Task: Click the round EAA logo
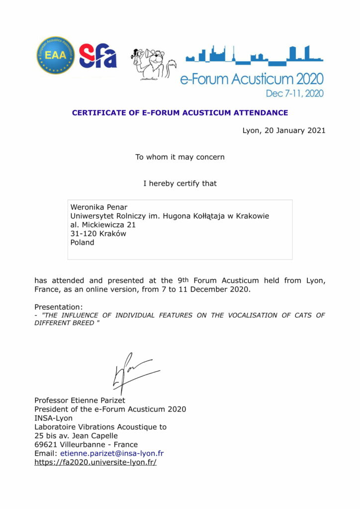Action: (55, 55)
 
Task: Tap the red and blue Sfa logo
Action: (97, 56)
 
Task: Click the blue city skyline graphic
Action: (254, 55)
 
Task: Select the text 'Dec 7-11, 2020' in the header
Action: (294, 93)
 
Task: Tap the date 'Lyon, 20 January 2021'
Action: (284, 131)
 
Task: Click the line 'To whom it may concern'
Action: (180, 157)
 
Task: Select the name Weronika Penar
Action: (99, 207)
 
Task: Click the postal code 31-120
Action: (84, 234)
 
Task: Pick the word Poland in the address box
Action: (82, 243)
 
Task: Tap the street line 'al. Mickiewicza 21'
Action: (103, 225)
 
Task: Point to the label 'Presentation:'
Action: (59, 307)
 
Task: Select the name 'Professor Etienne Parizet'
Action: (80, 400)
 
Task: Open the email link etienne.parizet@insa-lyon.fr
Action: (112, 453)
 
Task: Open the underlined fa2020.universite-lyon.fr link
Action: (95, 462)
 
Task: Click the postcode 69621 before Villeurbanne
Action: (46, 444)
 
